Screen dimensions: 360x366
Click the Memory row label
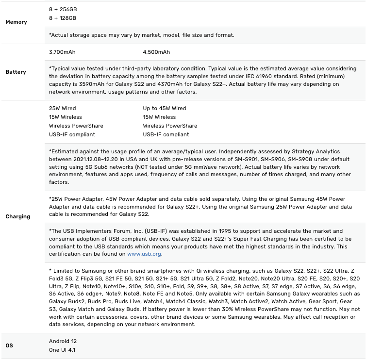pos(16,22)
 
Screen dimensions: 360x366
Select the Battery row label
pos(16,72)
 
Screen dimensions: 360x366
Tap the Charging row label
pos(17,216)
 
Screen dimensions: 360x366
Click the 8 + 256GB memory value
pos(63,9)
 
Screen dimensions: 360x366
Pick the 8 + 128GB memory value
pos(63,18)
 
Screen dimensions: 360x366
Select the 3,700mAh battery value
pos(62,52)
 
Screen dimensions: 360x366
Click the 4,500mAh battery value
pos(156,52)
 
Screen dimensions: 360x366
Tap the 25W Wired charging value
pos(63,108)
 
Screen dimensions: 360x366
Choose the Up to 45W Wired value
pos(165,108)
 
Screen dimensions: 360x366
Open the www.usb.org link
pos(144,254)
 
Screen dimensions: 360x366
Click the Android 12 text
pos(63,341)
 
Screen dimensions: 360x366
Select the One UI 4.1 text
pos(62,350)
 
